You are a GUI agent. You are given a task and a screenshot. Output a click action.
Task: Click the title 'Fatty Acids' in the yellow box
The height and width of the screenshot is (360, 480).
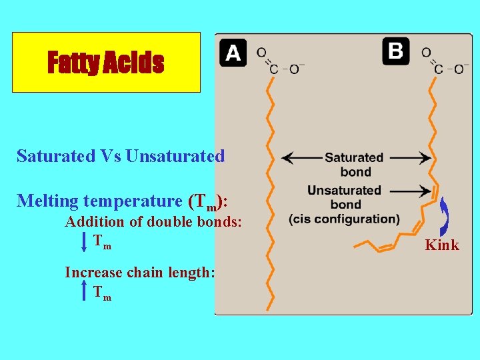point(105,63)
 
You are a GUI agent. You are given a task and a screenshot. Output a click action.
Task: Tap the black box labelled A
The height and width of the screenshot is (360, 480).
point(233,53)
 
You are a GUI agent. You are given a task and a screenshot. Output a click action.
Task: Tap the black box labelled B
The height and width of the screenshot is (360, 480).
point(396,51)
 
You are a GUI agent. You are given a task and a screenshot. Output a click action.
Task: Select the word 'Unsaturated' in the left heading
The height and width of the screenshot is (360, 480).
point(175,157)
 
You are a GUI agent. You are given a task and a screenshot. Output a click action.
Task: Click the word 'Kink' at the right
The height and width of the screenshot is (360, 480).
point(442,245)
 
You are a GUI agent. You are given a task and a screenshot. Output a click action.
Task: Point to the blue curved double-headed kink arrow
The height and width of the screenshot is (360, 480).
point(444,217)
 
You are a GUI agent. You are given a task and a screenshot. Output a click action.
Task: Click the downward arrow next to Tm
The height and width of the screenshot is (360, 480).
point(84,241)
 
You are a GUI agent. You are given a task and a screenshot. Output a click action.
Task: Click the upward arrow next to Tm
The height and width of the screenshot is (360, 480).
point(84,291)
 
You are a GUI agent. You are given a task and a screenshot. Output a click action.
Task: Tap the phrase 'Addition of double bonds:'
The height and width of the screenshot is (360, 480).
point(153,223)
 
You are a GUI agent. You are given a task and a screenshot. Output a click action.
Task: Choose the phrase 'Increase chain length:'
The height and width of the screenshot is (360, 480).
point(139,272)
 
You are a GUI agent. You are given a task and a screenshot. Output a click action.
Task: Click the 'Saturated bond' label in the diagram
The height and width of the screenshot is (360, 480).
point(354,164)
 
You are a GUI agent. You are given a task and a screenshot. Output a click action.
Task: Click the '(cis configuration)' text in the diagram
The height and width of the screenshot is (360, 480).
point(345,219)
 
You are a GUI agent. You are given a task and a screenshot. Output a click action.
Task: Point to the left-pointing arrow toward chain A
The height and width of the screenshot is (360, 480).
point(300,159)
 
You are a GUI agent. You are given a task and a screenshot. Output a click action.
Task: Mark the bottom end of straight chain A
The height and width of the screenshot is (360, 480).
point(269,308)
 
